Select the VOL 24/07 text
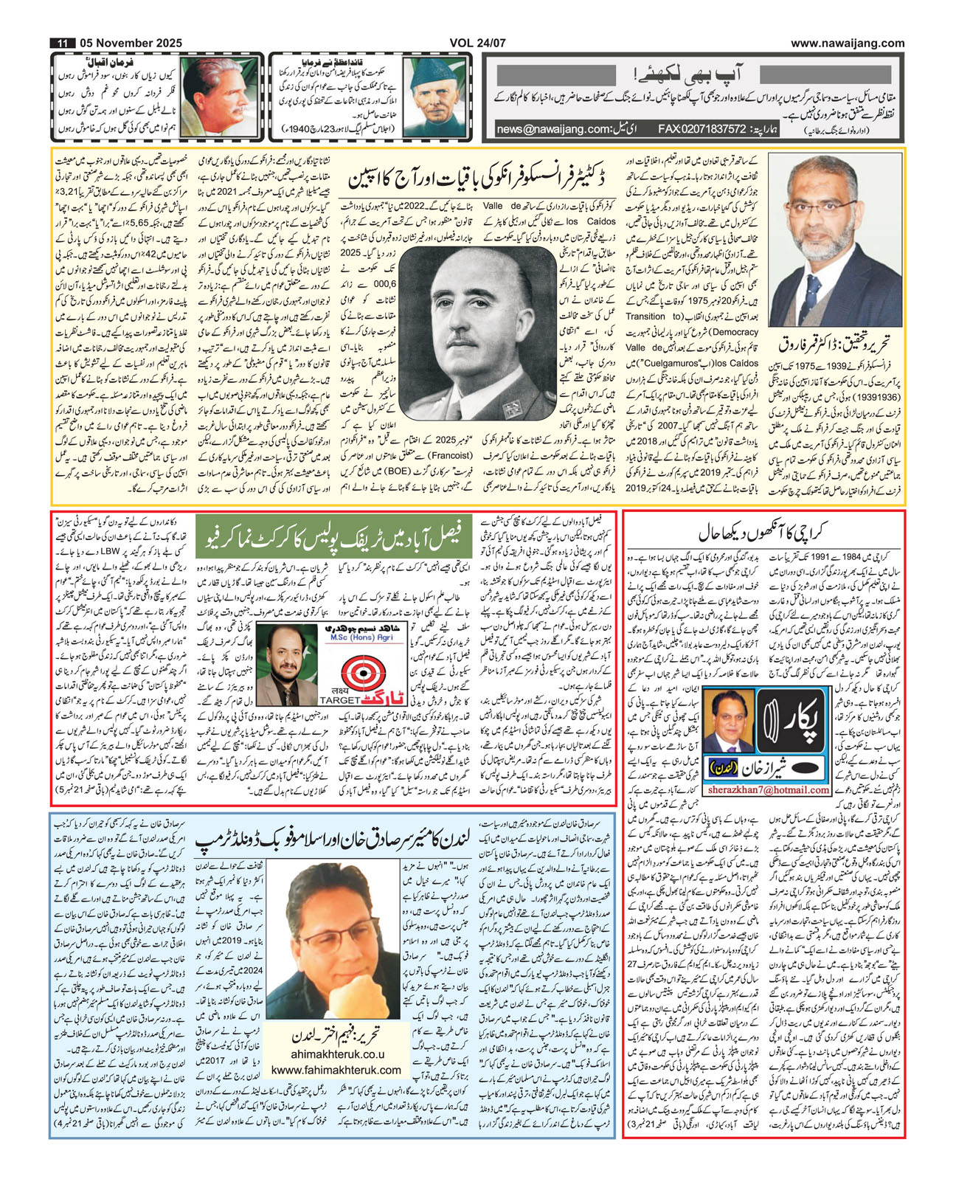click(x=477, y=44)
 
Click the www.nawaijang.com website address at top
click(x=848, y=44)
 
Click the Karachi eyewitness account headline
click(x=763, y=533)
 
